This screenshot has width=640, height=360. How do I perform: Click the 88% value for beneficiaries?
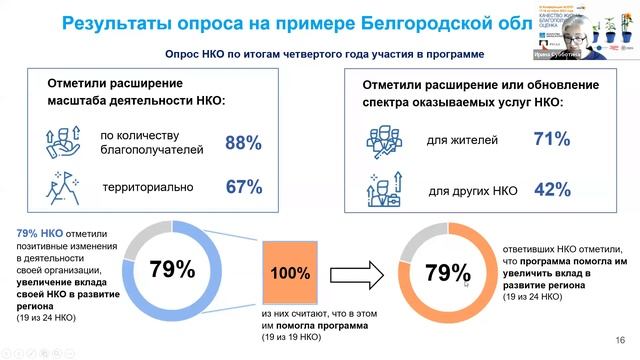point(242,144)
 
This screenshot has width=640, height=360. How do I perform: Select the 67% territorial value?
point(242,187)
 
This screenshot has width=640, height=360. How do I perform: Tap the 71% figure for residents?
point(551,140)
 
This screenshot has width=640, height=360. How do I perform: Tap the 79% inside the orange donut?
point(447,272)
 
